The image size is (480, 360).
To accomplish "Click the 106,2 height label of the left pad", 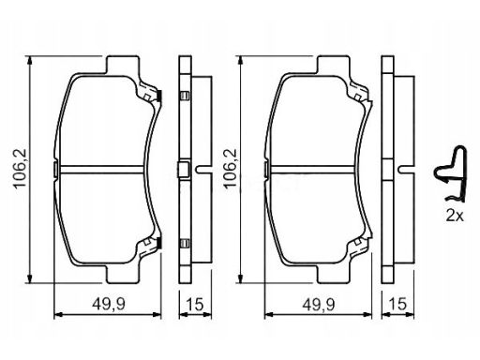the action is point(20,169).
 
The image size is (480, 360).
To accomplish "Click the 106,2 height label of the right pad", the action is point(231,169).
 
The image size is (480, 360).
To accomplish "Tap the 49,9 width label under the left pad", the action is point(109,304).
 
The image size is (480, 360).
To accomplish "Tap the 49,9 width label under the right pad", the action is point(319,304).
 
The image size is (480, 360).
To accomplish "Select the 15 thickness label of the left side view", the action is point(194,304).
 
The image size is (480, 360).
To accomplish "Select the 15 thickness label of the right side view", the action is point(398,304).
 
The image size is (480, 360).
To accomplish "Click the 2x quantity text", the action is point(455,216).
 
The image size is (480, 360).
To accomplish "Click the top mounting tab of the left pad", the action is point(122,65).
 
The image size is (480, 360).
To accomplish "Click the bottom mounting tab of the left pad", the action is point(122,274).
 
